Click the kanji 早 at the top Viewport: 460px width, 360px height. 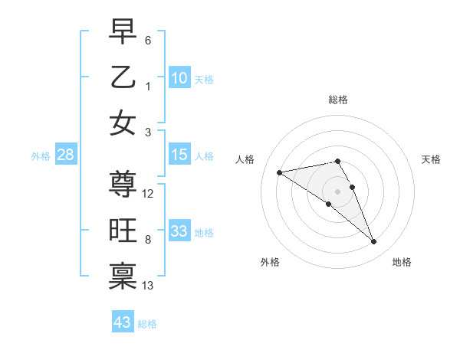(123, 31)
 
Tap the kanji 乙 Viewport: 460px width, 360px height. (123, 77)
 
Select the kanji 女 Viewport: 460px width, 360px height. (123, 123)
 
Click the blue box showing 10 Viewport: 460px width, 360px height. (179, 78)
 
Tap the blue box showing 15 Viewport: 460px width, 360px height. (179, 155)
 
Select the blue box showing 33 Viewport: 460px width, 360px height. (179, 231)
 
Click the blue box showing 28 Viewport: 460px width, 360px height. (66, 155)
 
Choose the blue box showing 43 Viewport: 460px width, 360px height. (123, 322)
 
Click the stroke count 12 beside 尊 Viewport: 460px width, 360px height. (149, 194)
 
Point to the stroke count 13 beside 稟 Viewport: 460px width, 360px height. (149, 286)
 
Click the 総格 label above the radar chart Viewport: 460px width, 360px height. (338, 100)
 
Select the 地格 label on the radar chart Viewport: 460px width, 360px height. (402, 262)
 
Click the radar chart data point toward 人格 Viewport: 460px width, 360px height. (280, 172)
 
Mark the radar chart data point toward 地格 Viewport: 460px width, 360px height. (374, 242)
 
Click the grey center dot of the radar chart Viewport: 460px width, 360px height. (338, 191)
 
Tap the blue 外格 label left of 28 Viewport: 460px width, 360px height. (41, 155)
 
